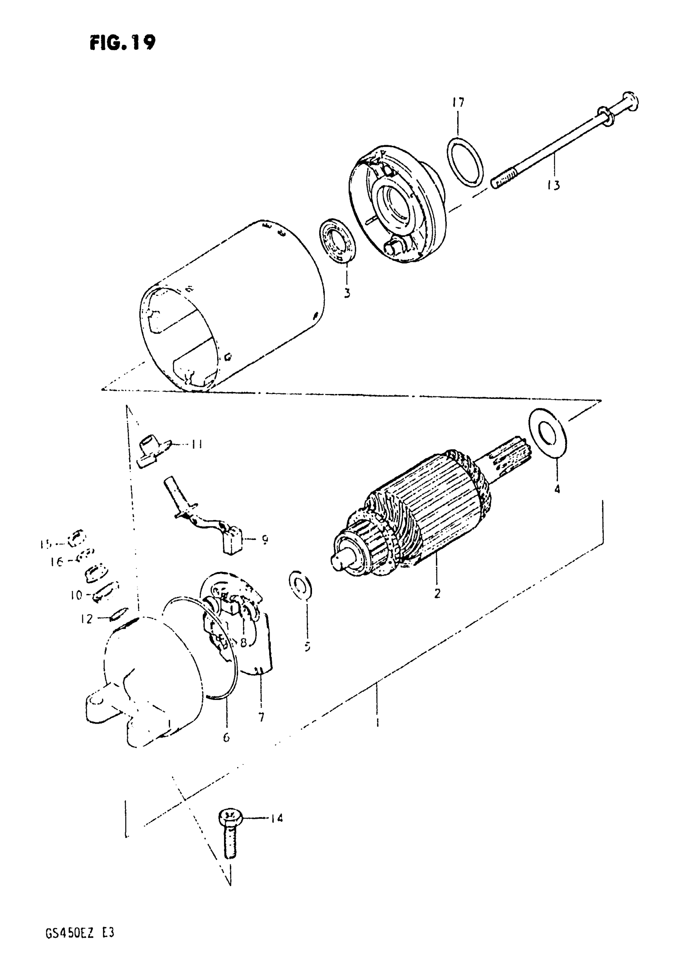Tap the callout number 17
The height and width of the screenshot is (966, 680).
tap(458, 102)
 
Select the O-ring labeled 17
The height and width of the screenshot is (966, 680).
tap(464, 162)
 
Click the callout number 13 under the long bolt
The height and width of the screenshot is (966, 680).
tap(554, 185)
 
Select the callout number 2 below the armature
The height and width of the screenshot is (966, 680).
tap(437, 594)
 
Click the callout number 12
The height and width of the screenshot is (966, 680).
tap(87, 619)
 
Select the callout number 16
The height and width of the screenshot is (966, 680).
tap(57, 562)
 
